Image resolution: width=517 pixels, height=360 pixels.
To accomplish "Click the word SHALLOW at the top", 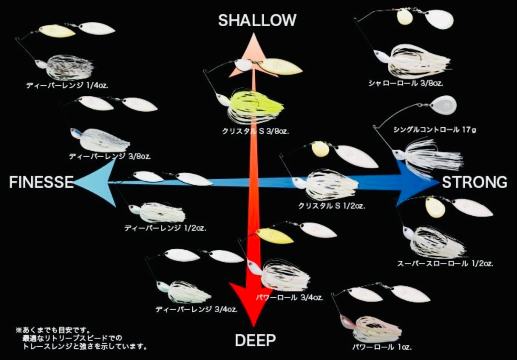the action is click(257, 20).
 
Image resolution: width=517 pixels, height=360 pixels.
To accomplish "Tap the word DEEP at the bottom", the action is click(255, 341).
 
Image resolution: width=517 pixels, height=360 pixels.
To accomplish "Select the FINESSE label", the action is click(41, 182).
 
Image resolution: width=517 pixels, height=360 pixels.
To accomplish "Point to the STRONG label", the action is click(475, 182).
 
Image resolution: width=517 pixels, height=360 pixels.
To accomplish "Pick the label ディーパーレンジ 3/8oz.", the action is click(110, 156).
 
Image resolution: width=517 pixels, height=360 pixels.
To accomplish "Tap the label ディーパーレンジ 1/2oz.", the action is click(166, 228).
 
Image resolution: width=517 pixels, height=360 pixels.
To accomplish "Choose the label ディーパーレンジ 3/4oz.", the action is click(196, 309).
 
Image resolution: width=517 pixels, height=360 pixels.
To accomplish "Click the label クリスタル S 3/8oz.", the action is click(256, 131).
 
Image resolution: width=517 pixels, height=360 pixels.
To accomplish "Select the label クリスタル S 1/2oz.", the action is click(332, 205).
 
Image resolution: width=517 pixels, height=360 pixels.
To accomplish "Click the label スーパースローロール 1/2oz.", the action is click(445, 263).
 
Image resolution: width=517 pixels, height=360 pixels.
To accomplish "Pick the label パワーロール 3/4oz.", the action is click(289, 297).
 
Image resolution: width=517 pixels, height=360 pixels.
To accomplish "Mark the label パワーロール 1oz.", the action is click(382, 346).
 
